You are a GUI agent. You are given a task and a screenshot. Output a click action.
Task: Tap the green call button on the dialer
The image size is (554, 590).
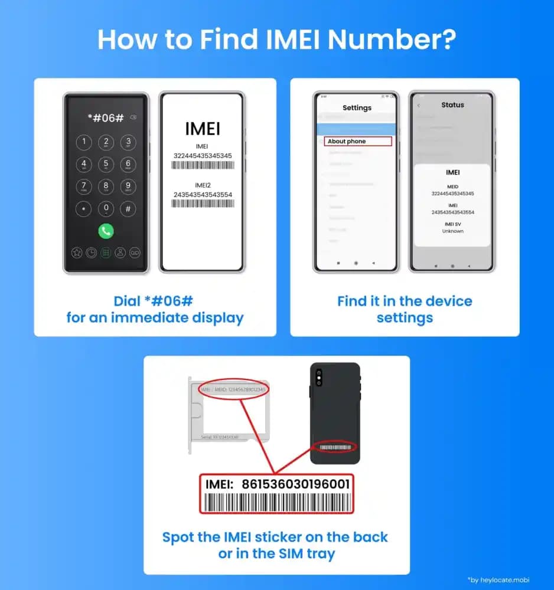pos(106,231)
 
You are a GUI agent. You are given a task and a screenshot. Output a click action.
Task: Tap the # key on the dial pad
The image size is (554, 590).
pos(128,209)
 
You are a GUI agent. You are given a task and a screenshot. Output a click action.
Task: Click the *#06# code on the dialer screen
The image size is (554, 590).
pos(106,117)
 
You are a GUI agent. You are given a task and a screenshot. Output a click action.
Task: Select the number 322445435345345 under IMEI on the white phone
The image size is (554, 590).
pos(202,156)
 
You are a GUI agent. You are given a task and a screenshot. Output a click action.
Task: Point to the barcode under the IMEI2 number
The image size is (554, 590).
pos(202,203)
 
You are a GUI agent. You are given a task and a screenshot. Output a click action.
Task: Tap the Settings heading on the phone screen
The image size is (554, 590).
pos(357,108)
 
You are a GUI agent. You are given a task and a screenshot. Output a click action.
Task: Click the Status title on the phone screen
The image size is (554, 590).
pos(452,105)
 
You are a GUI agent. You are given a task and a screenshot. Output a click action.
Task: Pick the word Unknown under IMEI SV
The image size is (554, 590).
pos(452,231)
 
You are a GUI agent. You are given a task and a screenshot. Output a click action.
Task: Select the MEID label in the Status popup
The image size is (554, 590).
pos(452,186)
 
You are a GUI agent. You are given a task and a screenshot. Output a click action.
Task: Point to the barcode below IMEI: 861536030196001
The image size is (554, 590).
pos(277,503)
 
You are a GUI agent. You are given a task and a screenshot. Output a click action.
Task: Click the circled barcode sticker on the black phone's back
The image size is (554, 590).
pos(334,448)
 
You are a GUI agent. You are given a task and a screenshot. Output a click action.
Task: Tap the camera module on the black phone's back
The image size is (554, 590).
pos(319,378)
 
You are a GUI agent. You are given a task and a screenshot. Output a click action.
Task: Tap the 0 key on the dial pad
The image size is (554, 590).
pos(106,209)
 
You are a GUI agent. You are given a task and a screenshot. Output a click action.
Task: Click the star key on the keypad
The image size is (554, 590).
pos(83,209)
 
